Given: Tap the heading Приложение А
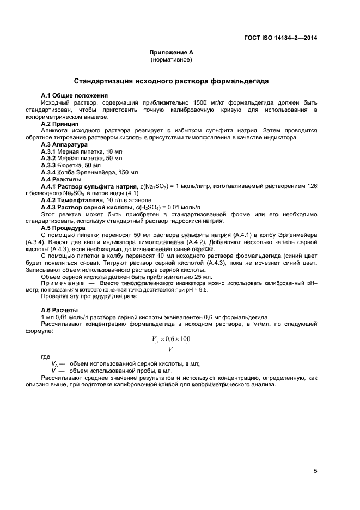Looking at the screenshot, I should (x=172, y=52).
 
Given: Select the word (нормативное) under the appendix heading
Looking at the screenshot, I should (x=172, y=59).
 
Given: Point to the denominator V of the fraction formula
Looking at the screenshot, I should (x=171, y=348).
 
